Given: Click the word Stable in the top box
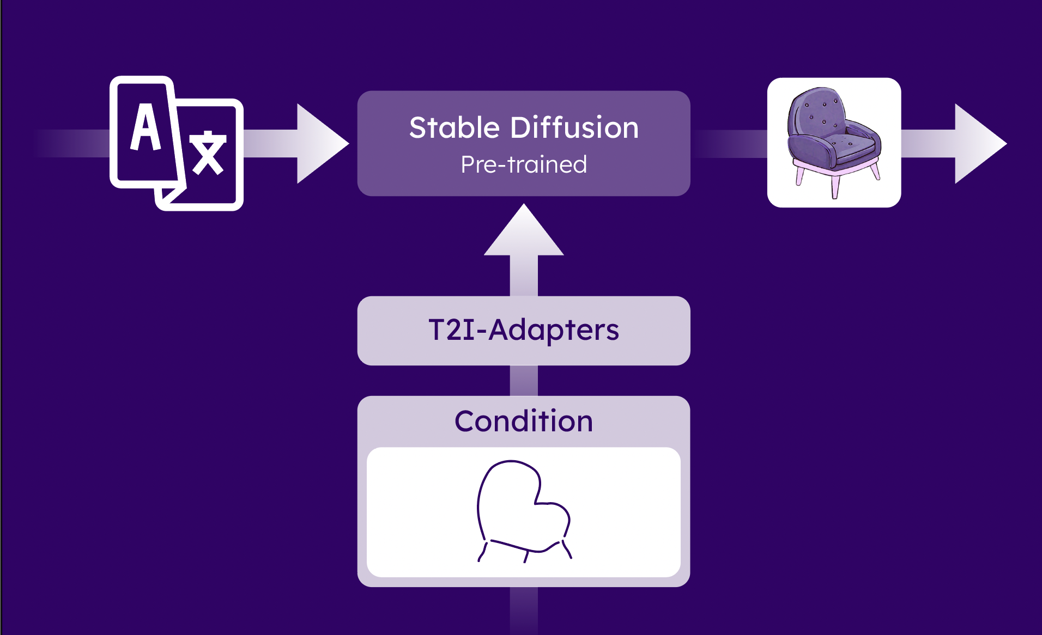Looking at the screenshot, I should click(x=455, y=128).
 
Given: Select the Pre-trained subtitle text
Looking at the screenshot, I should click(x=524, y=164).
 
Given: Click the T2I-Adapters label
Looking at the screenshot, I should click(x=524, y=330).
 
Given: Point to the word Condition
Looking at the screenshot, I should click(x=524, y=421).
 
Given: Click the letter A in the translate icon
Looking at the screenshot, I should click(x=146, y=127).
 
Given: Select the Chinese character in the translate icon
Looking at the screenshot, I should click(x=208, y=154).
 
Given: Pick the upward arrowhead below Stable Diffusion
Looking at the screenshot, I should click(x=524, y=231).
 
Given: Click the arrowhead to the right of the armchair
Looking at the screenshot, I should click(x=979, y=144).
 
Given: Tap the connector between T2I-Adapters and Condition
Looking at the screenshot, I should click(x=524, y=381).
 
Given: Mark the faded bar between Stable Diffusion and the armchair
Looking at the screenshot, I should click(x=729, y=144).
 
